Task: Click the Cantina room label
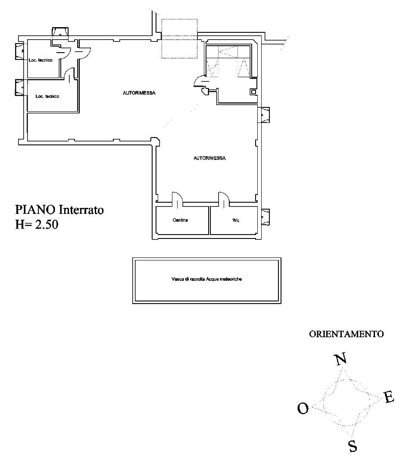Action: (180, 220)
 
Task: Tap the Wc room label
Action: (236, 220)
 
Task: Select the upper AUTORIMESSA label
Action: (139, 93)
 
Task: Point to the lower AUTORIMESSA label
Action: (209, 158)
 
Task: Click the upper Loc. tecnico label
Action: (41, 60)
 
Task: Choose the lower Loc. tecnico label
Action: (47, 96)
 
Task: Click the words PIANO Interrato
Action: (59, 210)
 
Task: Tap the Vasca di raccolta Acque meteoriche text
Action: (206, 279)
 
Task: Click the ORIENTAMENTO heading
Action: (347, 334)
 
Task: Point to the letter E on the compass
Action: (389, 398)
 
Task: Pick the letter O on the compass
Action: (303, 408)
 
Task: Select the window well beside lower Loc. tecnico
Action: (20, 87)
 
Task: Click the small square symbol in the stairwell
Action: (253, 91)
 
